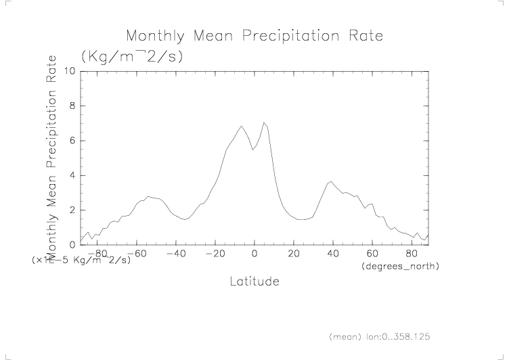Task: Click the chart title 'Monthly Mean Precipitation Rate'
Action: coord(255,35)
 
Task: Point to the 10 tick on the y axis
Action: coord(69,71)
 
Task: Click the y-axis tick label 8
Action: coord(72,106)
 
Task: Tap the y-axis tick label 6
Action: coord(72,141)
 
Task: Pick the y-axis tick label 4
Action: coord(72,176)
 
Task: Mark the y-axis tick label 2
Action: coord(72,210)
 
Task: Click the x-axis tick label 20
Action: coord(293,254)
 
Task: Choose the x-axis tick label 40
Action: coord(332,254)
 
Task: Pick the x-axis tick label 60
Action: coord(372,254)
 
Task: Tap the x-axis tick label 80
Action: coord(411,254)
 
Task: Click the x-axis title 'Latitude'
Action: coord(254,281)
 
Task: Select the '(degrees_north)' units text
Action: coord(399,267)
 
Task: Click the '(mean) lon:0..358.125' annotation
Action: coord(379,336)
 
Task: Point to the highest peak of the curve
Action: coord(264,122)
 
